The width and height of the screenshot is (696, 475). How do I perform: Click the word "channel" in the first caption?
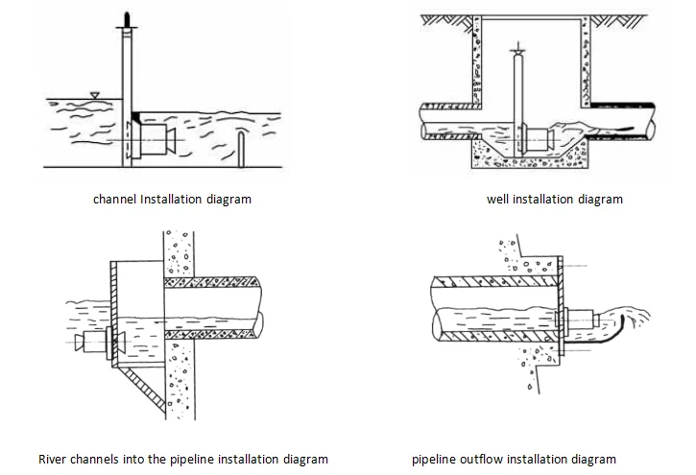[x=114, y=200]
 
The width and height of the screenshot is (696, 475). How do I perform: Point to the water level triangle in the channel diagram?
[x=94, y=95]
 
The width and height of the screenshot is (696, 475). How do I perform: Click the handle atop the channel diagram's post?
[x=127, y=20]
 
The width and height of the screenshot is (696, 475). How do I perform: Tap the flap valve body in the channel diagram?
[x=154, y=140]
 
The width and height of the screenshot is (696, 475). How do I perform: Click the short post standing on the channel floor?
[x=241, y=150]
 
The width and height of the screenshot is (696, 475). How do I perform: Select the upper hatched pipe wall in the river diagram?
[x=212, y=281]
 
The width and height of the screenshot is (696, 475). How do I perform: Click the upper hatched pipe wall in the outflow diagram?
[x=495, y=281]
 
